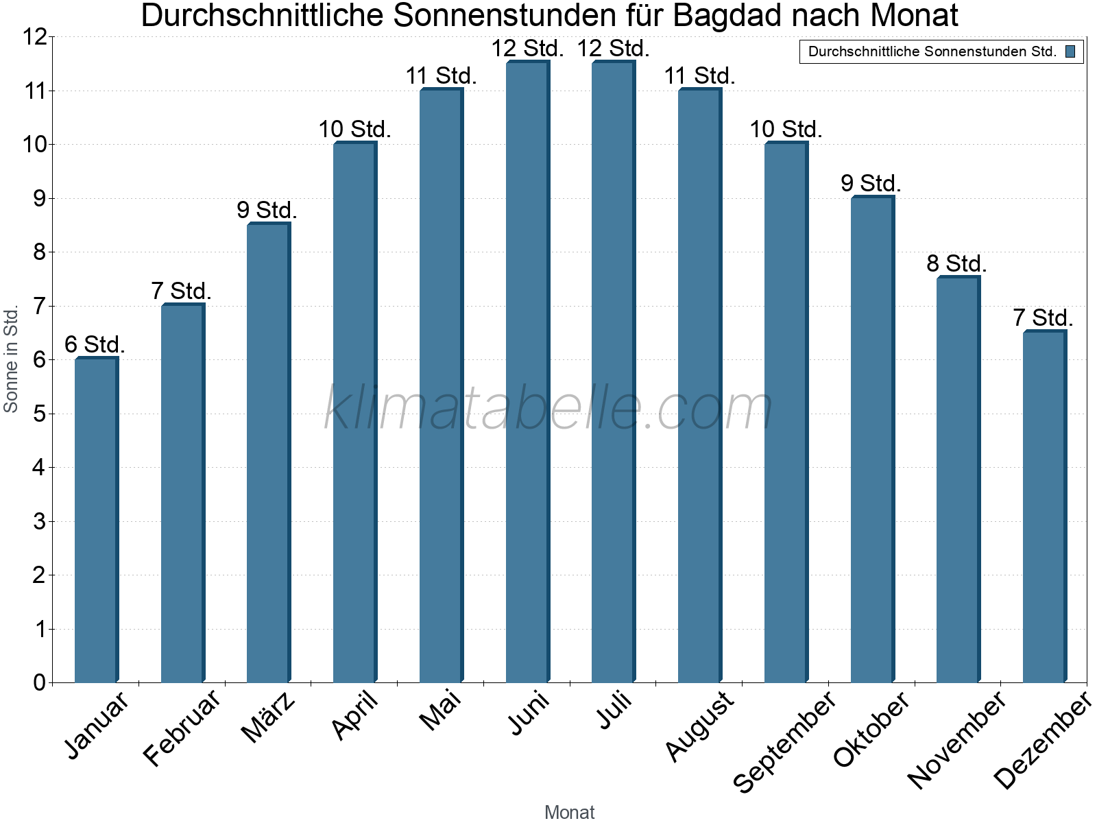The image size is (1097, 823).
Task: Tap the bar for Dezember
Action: pos(1044,507)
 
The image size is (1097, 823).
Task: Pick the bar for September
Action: pos(786,412)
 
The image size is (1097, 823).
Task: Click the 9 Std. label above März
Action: pos(267,210)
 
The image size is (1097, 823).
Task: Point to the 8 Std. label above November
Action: pos(956,263)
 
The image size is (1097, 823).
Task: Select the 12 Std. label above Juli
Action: pos(613,49)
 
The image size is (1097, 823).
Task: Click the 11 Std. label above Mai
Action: pos(441,75)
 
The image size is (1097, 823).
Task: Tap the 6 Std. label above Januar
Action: pos(95,344)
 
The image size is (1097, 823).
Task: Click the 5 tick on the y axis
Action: pos(39,414)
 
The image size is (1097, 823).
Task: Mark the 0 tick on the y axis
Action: pos(39,682)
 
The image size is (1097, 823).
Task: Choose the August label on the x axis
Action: pos(699,726)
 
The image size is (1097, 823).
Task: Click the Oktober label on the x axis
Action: pos(871,728)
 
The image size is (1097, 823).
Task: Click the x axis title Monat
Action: pos(569,812)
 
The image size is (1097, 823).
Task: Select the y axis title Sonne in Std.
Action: pos(11,359)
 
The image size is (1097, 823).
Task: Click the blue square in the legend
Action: pos(1070,51)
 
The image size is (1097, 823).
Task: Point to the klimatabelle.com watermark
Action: pos(548,408)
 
